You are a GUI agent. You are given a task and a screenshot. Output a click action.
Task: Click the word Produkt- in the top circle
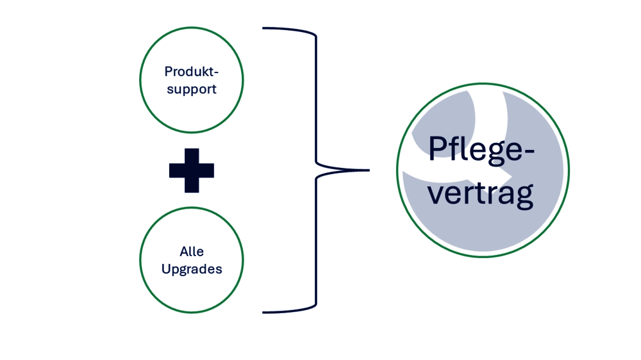click(x=191, y=71)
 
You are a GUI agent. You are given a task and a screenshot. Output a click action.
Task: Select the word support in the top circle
click(x=191, y=90)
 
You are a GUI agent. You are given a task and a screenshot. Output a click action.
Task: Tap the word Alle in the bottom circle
click(x=192, y=251)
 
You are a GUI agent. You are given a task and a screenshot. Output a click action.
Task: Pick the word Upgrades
click(x=192, y=269)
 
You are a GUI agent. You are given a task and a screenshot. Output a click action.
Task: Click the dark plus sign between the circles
click(x=192, y=170)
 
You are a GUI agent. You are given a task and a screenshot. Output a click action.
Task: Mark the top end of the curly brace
click(x=264, y=28)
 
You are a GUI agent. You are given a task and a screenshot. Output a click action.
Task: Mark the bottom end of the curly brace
click(x=264, y=312)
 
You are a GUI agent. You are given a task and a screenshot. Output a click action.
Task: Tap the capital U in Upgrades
click(x=165, y=268)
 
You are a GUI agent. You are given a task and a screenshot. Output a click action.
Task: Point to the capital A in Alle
click(x=184, y=251)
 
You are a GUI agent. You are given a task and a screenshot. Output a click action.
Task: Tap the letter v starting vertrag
click(x=436, y=194)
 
